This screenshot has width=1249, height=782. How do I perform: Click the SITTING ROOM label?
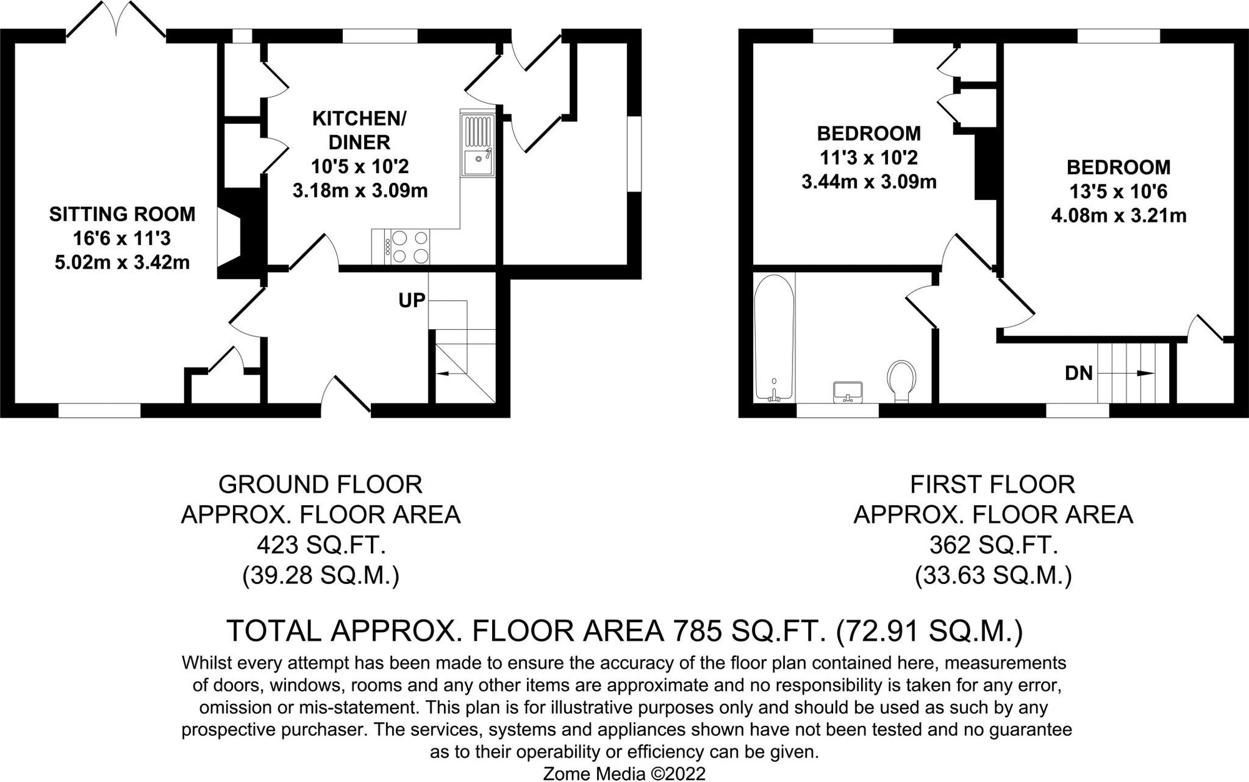tap(122, 214)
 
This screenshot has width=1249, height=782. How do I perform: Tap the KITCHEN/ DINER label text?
tap(359, 130)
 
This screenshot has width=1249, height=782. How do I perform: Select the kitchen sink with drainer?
tap(478, 145)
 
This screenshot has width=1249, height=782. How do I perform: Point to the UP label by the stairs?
tap(412, 300)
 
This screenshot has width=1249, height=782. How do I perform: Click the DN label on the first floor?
tap(1079, 373)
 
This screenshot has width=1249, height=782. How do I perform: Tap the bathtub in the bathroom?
tap(774, 337)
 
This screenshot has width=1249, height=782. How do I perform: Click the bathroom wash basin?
tap(847, 392)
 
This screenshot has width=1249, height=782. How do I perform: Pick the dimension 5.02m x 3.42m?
tap(122, 262)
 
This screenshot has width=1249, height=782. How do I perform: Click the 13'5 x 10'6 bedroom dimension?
tap(1118, 192)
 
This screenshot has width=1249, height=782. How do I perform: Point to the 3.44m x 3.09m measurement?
tap(869, 182)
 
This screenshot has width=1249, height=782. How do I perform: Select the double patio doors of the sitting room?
tap(116, 19)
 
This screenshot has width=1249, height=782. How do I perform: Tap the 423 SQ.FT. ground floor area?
tap(320, 545)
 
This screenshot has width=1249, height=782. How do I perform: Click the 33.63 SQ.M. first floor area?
tap(993, 575)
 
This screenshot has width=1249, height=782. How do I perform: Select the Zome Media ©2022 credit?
tap(624, 774)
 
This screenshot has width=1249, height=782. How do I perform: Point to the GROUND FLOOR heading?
tap(320, 485)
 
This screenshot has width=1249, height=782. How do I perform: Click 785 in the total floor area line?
tap(692, 631)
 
